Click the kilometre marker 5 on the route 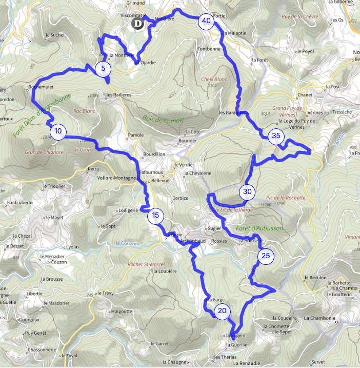[x=103, y=68]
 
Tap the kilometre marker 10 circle [x=58, y=131]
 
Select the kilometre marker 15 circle [x=155, y=216]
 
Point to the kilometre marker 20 [x=222, y=311]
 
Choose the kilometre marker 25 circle [x=266, y=256]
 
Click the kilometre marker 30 [x=248, y=192]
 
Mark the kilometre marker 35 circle [x=276, y=136]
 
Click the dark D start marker [x=136, y=24]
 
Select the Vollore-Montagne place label [x=116, y=179]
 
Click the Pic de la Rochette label [x=286, y=198]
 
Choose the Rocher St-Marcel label [x=145, y=265]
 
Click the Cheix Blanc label [x=214, y=80]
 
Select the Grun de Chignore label [x=44, y=152]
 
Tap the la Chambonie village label [x=321, y=318]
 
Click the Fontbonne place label [x=209, y=49]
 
